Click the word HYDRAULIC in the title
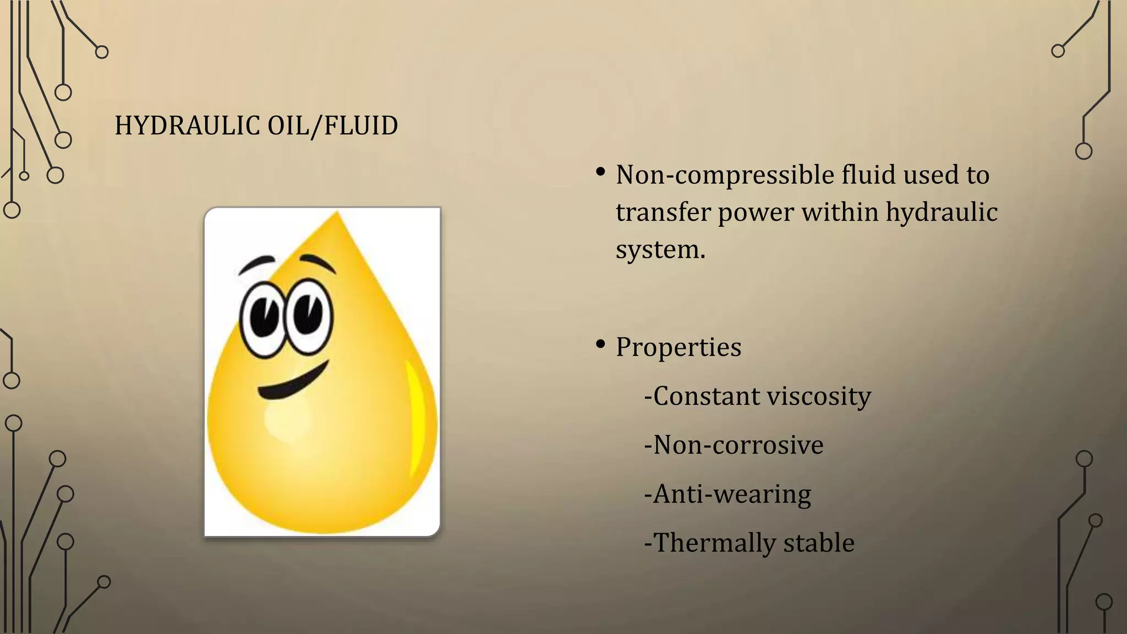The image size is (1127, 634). tap(187, 126)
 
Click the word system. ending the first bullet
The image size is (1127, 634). tap(660, 250)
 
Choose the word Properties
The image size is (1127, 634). tap(679, 347)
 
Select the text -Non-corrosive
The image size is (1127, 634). tap(734, 445)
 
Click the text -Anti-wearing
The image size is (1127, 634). tap(727, 494)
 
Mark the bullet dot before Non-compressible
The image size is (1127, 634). tap(600, 173)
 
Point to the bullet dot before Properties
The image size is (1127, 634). tap(600, 345)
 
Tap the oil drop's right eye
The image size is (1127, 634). tap(309, 316)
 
